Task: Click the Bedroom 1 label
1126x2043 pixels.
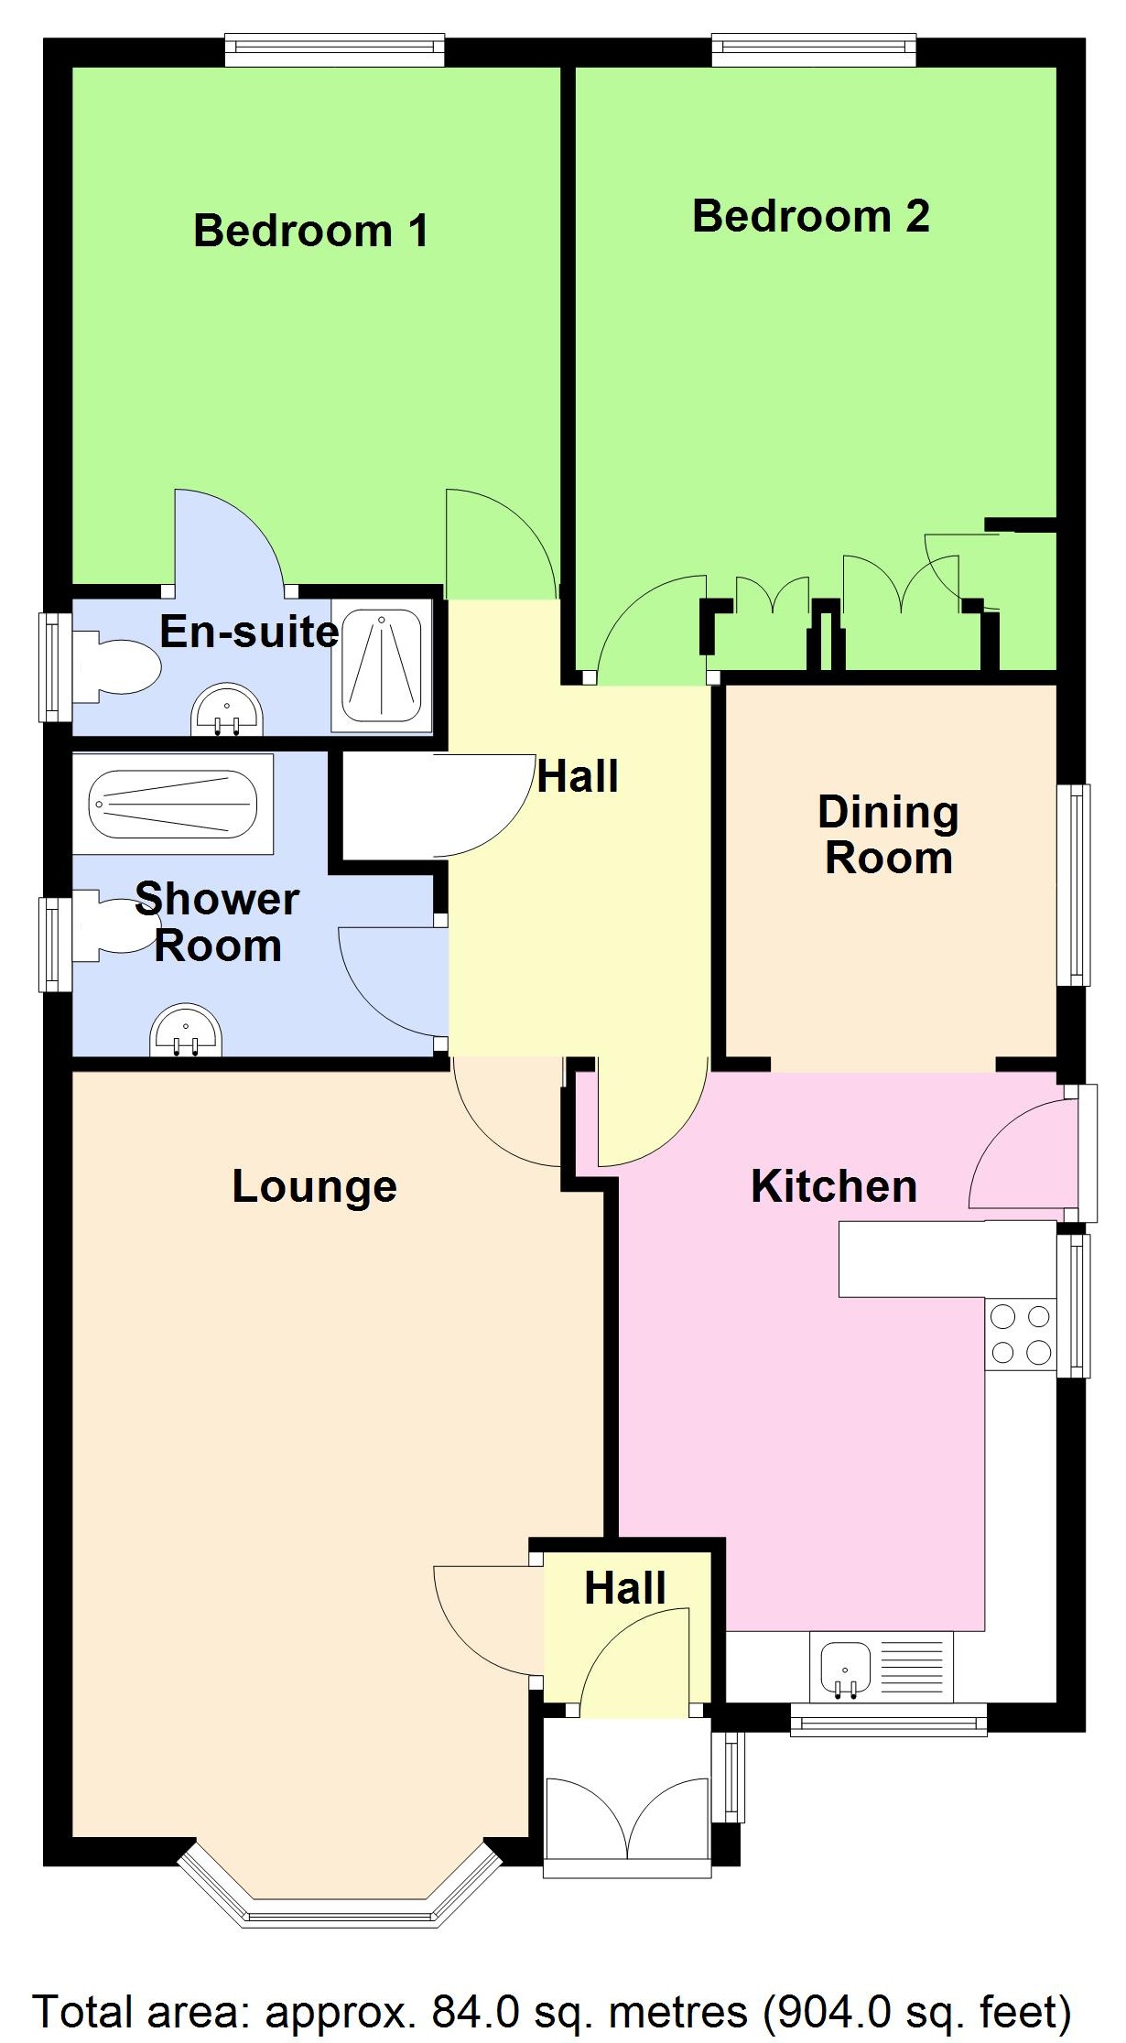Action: (x=311, y=231)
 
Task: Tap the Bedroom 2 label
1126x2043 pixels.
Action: (x=810, y=217)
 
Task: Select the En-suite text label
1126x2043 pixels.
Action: (x=249, y=632)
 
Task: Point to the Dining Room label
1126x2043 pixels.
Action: (x=888, y=835)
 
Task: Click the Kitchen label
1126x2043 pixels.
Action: (x=833, y=1186)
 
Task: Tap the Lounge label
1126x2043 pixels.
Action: (x=314, y=1186)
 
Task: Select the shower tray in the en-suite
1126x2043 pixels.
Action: (x=381, y=666)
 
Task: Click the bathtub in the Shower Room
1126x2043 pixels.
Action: (x=172, y=804)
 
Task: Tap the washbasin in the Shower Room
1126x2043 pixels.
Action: (x=187, y=1032)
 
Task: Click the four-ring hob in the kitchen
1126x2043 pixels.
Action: (x=1020, y=1335)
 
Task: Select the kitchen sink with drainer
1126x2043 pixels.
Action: (x=880, y=1667)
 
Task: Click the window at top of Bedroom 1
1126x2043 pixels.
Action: (x=334, y=50)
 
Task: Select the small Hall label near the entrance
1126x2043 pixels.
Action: (x=624, y=1588)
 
